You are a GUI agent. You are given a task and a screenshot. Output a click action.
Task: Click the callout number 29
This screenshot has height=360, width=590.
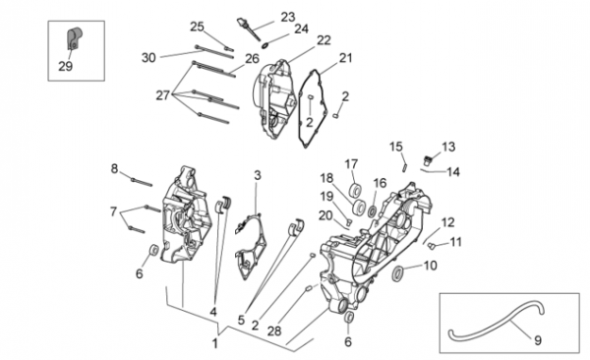65,66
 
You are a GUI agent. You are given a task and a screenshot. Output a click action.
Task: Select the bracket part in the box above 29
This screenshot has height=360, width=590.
74,38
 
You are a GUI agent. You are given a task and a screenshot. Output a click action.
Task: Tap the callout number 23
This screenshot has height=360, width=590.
288,17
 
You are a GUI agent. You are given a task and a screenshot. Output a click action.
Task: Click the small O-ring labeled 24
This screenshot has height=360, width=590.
265,45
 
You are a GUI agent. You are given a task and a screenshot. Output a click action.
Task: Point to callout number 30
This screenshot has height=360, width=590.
148,58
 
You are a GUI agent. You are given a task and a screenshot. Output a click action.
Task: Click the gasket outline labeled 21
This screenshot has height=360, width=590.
311,108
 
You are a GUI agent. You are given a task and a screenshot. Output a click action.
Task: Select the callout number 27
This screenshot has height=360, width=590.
163,95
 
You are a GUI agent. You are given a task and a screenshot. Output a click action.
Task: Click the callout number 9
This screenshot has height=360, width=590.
538,340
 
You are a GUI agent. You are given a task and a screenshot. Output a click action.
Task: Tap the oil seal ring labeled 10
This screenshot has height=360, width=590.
397,273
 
